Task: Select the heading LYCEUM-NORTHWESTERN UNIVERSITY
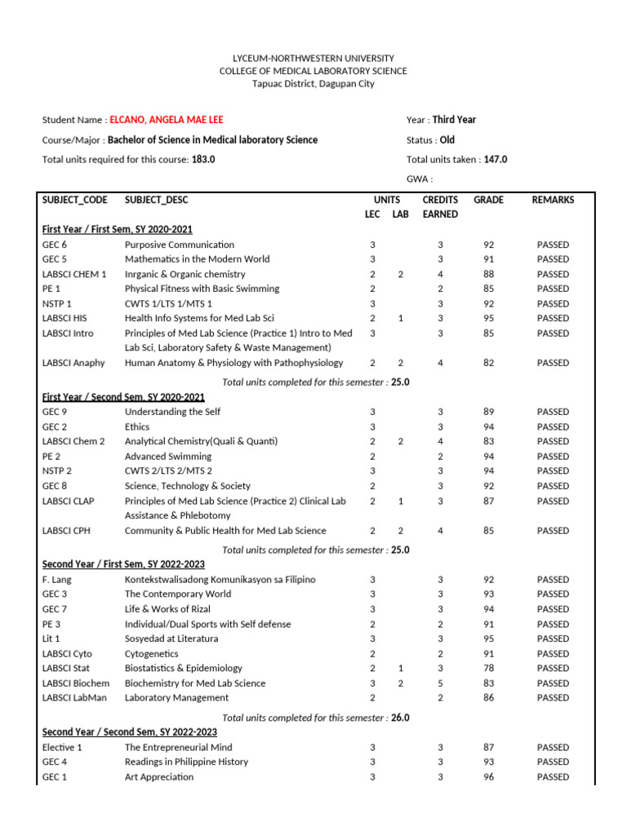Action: (x=313, y=59)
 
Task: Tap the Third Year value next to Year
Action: (x=454, y=120)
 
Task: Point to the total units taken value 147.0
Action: (x=495, y=160)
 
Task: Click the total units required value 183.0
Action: (x=203, y=160)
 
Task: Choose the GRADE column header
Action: (x=488, y=200)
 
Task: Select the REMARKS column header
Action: (x=553, y=200)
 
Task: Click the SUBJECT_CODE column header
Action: (x=74, y=200)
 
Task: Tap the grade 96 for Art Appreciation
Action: (x=488, y=777)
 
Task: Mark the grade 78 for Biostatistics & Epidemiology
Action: (x=488, y=668)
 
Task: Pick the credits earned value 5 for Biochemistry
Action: (x=440, y=683)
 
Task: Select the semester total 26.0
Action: (x=400, y=718)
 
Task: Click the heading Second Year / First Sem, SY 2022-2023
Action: (x=123, y=564)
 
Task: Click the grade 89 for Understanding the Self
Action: (x=488, y=412)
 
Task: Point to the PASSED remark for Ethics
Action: (x=553, y=426)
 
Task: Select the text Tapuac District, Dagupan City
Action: (x=313, y=83)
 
